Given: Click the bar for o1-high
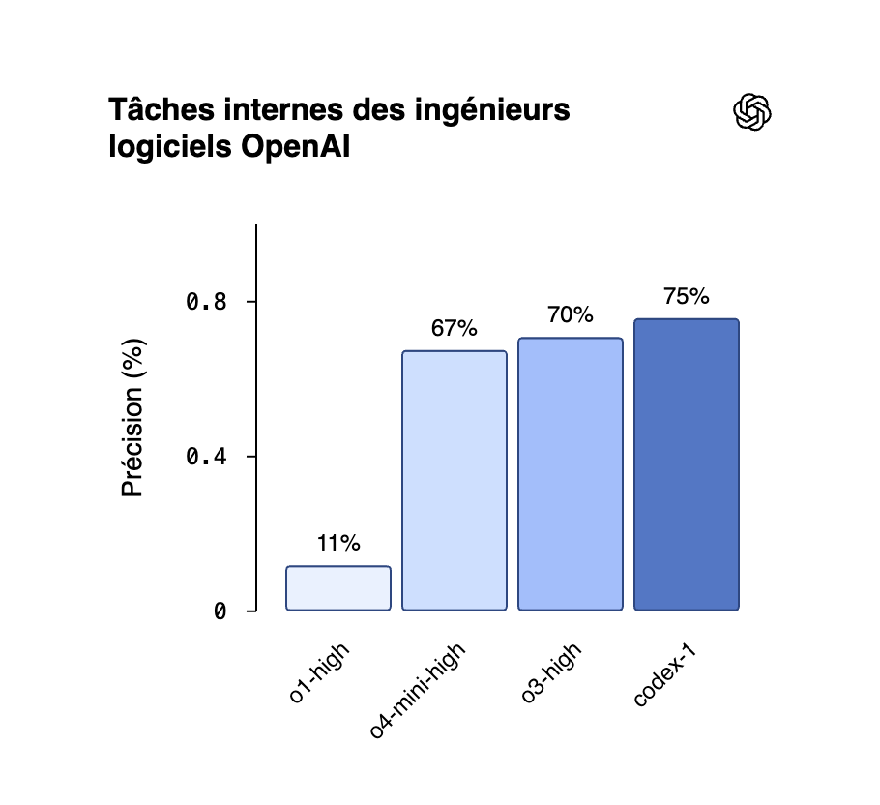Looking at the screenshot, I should coord(338,588).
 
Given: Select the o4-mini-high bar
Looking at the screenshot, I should coord(455,481).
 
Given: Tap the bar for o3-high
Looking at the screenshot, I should coord(571,474).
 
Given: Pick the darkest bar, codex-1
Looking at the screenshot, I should coord(687,465).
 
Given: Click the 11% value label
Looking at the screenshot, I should coord(338,544).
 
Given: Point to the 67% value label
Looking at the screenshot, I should coord(455,329).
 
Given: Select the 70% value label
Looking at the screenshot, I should coord(571,315).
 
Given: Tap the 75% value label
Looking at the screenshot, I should coord(687,297).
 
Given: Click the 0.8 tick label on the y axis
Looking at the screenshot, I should coord(206,302).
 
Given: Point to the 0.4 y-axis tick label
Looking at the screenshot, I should coord(206,457).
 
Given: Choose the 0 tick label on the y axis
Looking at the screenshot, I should coord(220,611).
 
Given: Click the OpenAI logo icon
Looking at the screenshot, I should coord(752,113).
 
